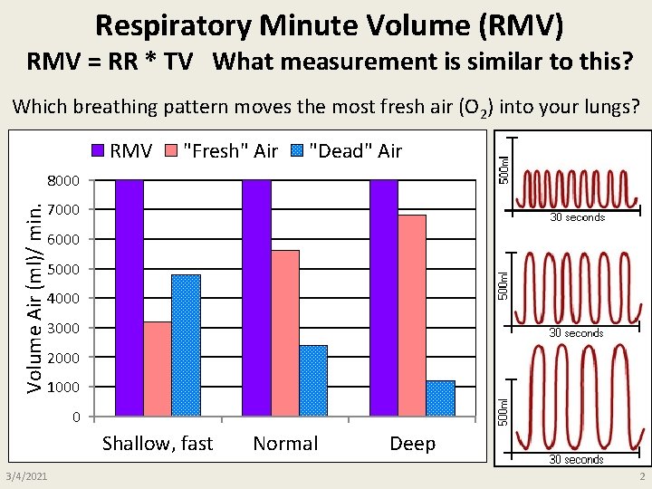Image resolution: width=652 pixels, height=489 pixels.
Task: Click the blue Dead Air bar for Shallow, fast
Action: point(186,345)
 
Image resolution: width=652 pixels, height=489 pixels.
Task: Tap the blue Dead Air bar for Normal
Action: point(313,380)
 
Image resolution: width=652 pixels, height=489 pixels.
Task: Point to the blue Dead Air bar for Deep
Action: point(440,398)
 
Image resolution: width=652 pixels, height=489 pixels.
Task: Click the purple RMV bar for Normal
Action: point(256,298)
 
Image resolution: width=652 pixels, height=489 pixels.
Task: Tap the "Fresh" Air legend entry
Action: point(221,150)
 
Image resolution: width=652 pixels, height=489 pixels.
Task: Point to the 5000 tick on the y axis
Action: point(64,269)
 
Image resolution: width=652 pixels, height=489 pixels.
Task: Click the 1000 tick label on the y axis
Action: point(64,388)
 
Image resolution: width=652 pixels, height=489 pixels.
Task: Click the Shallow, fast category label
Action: point(158,444)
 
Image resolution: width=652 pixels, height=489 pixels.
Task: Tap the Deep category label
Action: point(412,444)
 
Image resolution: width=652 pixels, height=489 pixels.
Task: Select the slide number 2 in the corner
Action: point(640,476)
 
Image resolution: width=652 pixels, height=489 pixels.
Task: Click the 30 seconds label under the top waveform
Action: point(577,217)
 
